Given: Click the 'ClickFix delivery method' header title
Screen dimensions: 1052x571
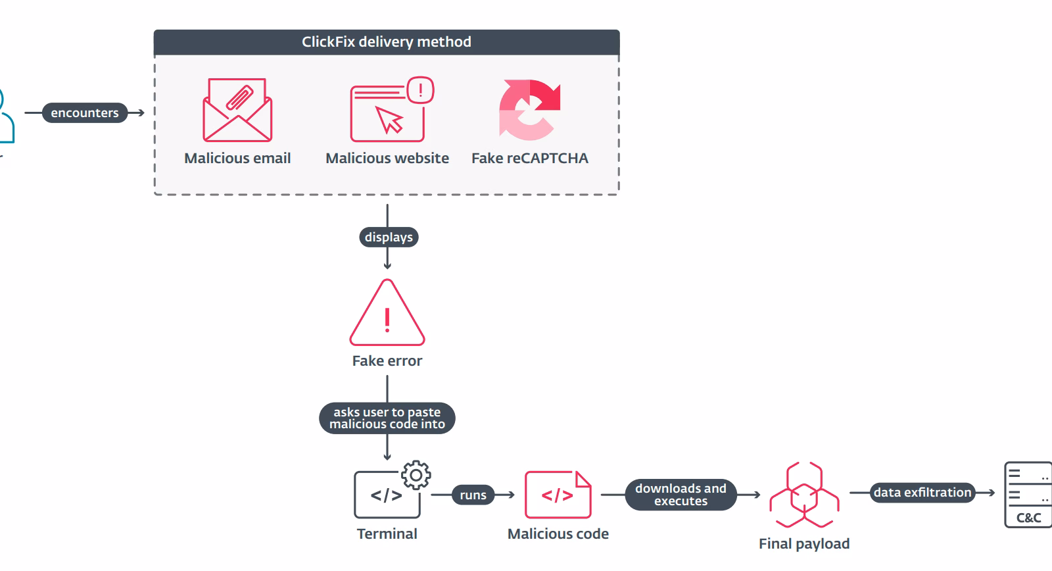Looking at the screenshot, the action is coord(387,42).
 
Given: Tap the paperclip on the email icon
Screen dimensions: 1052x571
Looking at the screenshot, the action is coord(239,98).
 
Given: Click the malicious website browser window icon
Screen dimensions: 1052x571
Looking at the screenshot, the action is coord(387,112).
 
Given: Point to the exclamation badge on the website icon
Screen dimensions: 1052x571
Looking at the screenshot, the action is coord(420,89).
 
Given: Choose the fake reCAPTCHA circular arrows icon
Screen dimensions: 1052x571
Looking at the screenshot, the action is coord(529,110).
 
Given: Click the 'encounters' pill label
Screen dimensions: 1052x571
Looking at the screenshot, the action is coord(85,112).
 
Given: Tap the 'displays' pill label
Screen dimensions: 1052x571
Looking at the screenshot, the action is coord(389,237).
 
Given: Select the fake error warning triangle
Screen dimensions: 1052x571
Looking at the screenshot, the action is coord(387,313).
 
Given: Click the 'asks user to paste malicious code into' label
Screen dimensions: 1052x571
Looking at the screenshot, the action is coord(387,418).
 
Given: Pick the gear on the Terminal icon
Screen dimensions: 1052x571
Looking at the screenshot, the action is coord(416,475).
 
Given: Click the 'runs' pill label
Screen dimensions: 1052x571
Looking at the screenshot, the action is coord(473,495).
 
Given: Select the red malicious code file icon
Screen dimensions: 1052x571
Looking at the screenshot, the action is coord(558,495).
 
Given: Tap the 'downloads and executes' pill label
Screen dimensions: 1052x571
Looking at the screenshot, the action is coord(681,495).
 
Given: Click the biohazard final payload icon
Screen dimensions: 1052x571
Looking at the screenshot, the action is coord(804,495).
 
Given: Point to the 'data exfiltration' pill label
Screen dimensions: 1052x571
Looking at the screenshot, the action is coord(922,493).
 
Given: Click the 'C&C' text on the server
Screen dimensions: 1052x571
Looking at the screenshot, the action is coord(1028,518).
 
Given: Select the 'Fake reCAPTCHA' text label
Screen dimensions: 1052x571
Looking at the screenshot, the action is coord(530,159).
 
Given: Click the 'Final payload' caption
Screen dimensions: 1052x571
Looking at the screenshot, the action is coord(804,544).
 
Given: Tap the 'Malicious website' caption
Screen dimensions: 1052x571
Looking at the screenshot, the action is coord(387,159).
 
